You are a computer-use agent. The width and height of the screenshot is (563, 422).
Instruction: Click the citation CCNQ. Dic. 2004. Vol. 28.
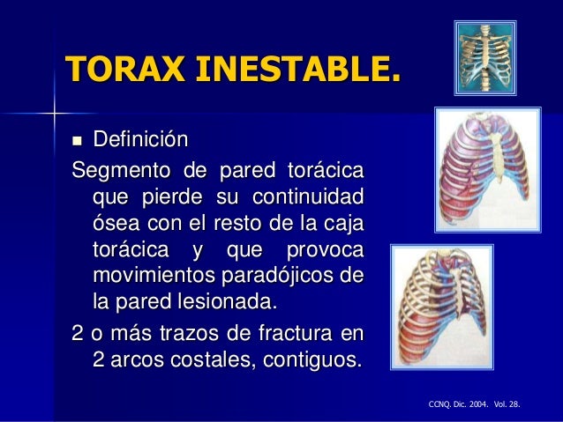point(473,404)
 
